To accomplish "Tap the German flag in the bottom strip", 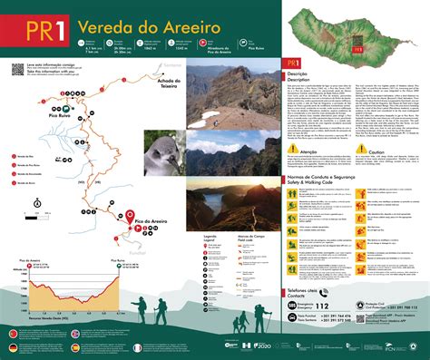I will click(x=14, y=347).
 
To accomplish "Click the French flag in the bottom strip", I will click(x=138, y=347).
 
